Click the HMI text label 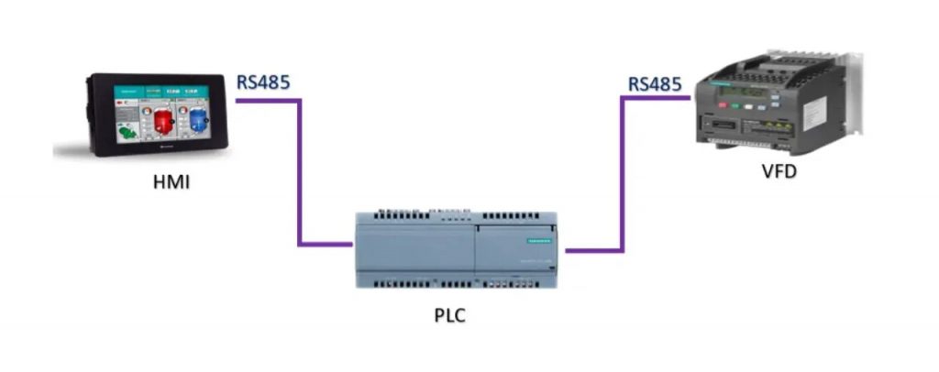[171, 185]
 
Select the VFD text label [779, 171]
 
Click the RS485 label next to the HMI [263, 82]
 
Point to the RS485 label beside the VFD [655, 85]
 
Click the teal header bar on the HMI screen [160, 92]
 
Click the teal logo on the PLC [533, 240]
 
